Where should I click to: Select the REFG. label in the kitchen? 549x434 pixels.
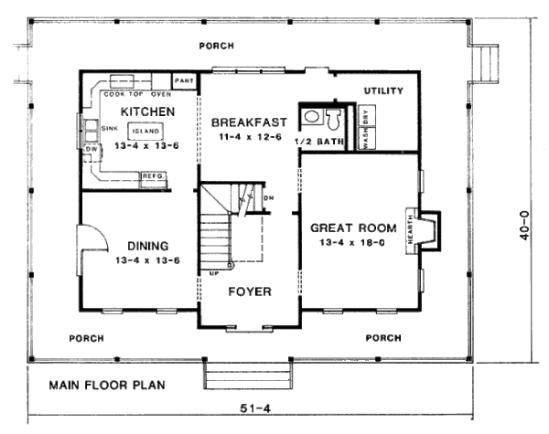pos(153,175)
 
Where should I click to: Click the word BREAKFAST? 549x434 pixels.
pos(249,122)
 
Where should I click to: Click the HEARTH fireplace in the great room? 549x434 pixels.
pos(425,225)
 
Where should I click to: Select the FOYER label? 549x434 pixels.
pos(248,292)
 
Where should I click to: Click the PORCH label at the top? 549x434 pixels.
pos(215,46)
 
